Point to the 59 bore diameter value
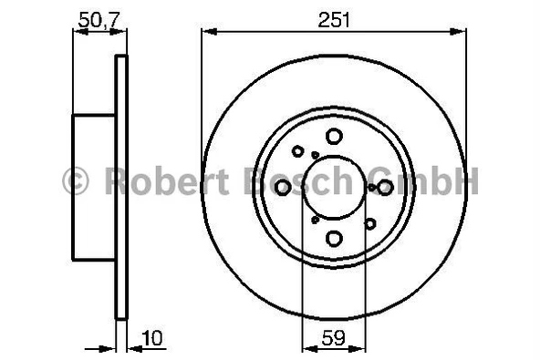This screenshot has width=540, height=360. pos(334,339)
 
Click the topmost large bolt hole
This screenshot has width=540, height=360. pos(334,136)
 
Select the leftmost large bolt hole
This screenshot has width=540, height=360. pos(283,187)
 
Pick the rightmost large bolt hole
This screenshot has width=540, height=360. pos(385,187)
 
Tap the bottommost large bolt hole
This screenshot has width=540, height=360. pos(334,239)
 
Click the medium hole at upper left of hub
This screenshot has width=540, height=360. pos(297,152)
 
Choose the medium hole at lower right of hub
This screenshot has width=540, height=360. pos(370,222)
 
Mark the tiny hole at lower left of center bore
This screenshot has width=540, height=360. pos(315,220)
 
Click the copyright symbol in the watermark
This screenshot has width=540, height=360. pos(75,181)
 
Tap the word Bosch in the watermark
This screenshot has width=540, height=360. pos(306,181)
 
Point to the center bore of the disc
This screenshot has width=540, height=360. pos(334,188)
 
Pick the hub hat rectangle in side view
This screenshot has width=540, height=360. pos(94,187)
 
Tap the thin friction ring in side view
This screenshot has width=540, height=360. pos(121,187)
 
